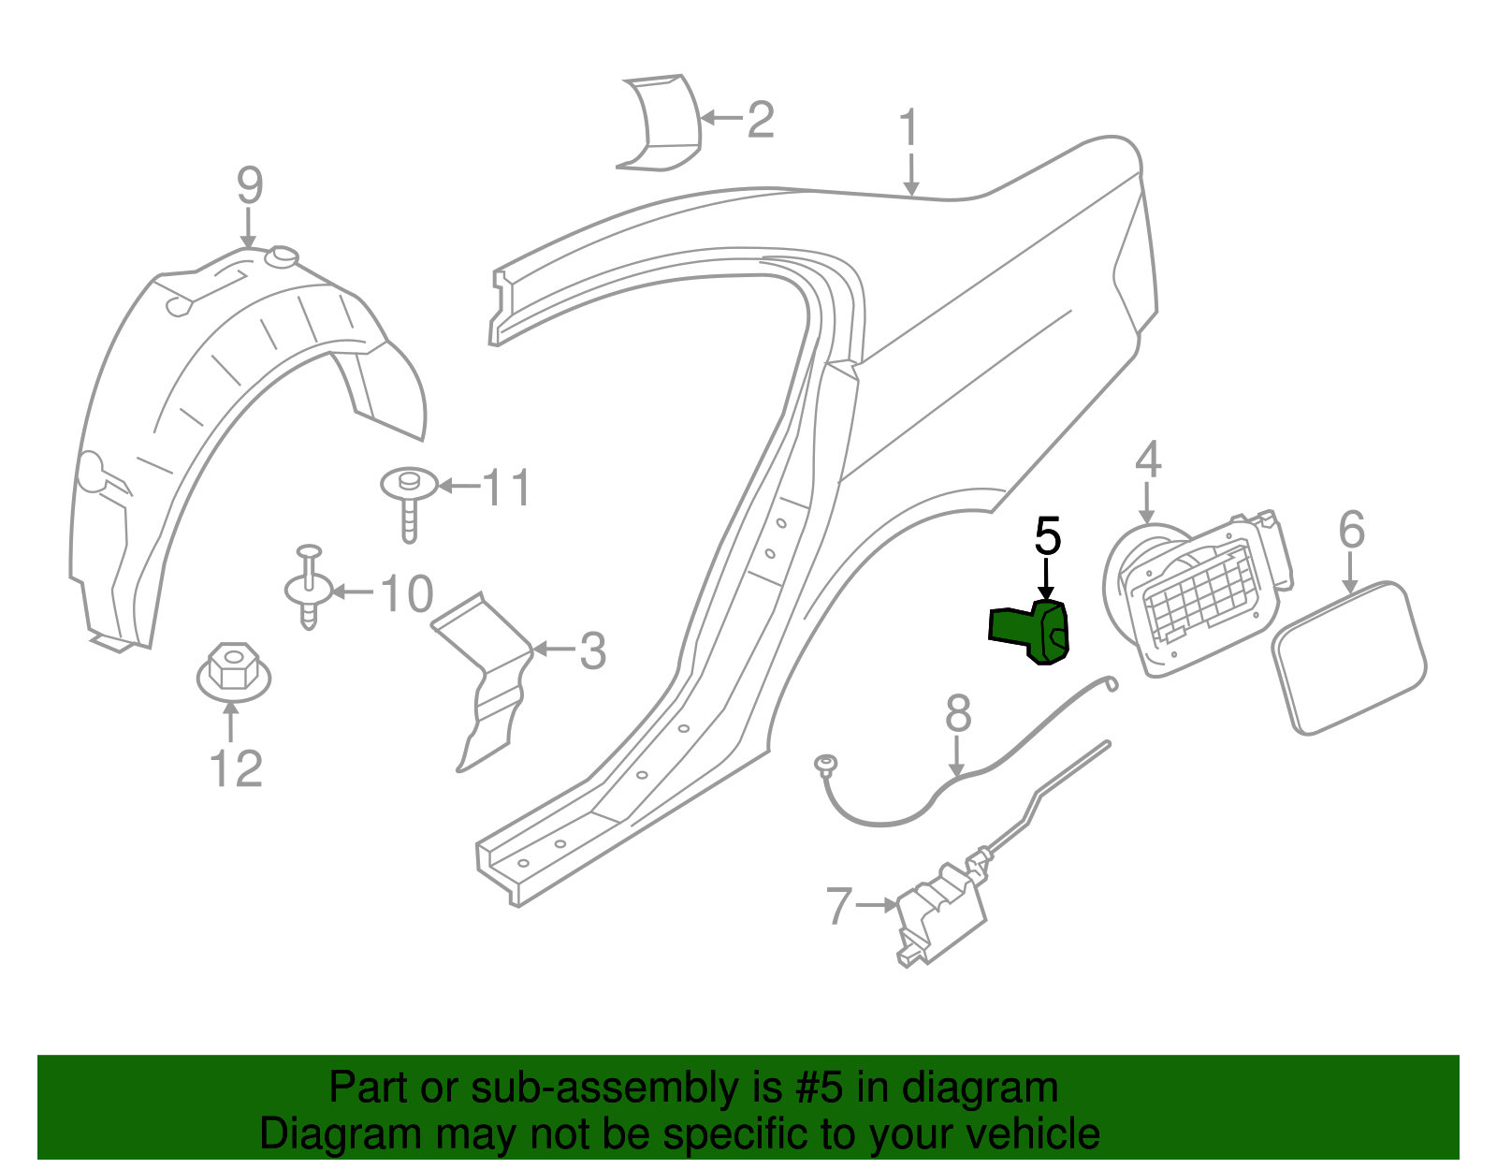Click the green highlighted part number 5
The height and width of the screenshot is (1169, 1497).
[1032, 632]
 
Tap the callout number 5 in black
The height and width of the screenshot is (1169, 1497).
[1047, 537]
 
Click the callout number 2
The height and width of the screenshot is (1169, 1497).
[761, 121]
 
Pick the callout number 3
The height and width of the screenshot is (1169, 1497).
[592, 650]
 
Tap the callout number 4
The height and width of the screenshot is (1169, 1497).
[1148, 460]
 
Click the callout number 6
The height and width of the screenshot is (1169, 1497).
[1351, 530]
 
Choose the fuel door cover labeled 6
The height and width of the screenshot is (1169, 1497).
[1347, 657]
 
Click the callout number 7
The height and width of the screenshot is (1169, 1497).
[839, 906]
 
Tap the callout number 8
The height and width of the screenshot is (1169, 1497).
[958, 714]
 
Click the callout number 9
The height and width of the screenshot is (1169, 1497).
[250, 186]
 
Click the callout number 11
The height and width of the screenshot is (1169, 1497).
[506, 489]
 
